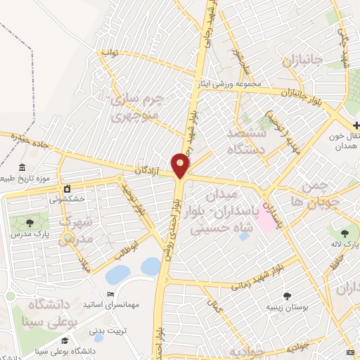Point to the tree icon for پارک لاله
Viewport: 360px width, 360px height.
point(345,233)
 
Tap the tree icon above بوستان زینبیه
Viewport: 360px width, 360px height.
point(287,296)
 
